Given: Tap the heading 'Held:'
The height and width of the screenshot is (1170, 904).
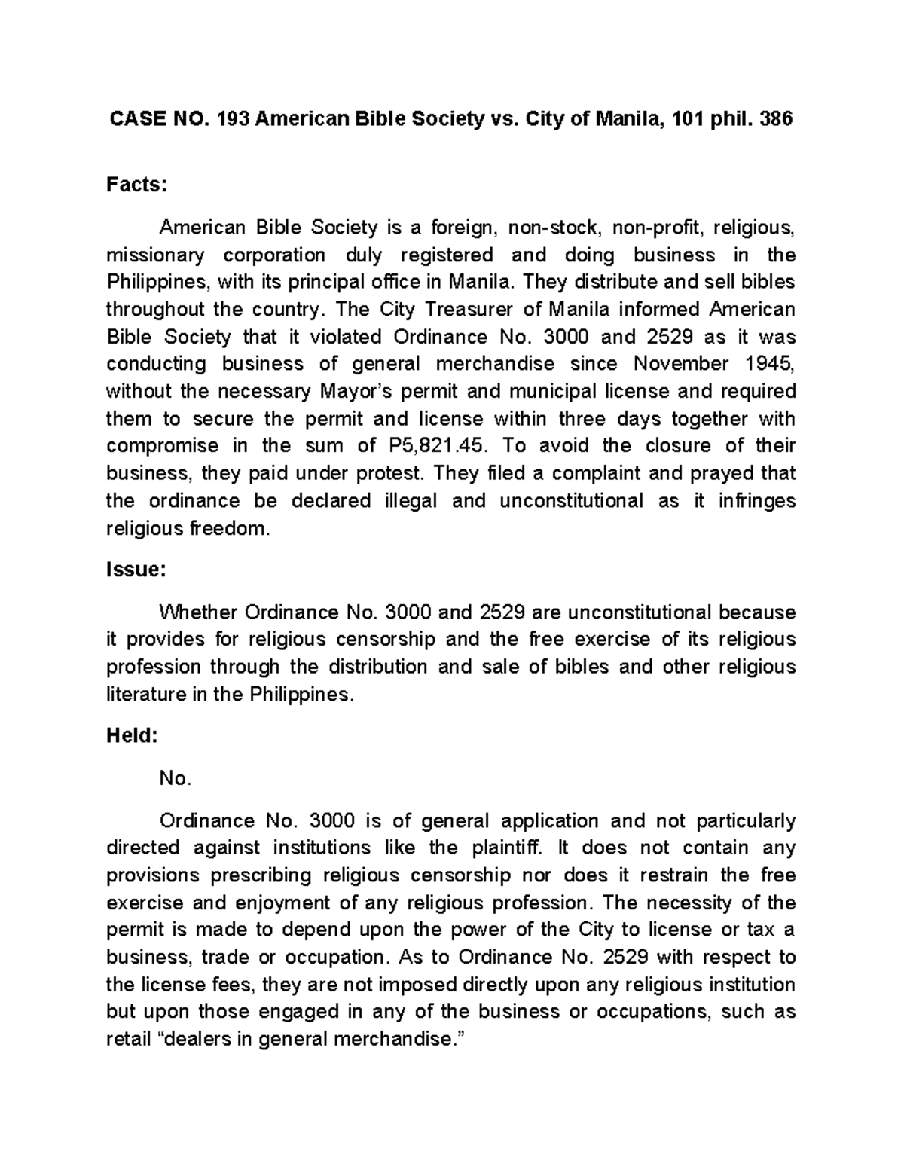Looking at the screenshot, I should pos(132,736).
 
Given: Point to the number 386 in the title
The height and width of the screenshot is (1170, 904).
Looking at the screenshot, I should pos(776,119).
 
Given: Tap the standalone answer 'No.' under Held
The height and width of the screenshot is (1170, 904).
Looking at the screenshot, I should pos(176,779).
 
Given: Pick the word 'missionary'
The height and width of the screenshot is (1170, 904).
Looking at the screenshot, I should pos(155,255).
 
